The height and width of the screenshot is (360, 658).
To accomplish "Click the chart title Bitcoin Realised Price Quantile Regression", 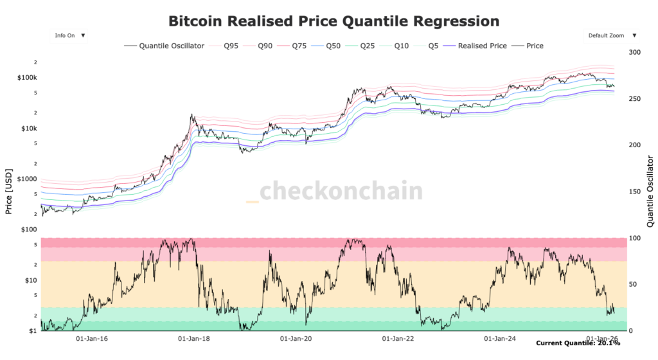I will pyautogui.click(x=333, y=21).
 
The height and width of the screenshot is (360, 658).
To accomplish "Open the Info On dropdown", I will pyautogui.click(x=70, y=36).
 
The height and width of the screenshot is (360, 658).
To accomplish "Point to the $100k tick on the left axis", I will pyautogui.click(x=26, y=78).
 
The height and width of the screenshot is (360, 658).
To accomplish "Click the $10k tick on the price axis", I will pyautogui.click(x=28, y=129).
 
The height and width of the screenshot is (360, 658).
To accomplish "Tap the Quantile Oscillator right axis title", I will pyautogui.click(x=650, y=191).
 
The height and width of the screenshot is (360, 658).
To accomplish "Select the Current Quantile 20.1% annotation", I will pyautogui.click(x=578, y=343).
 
